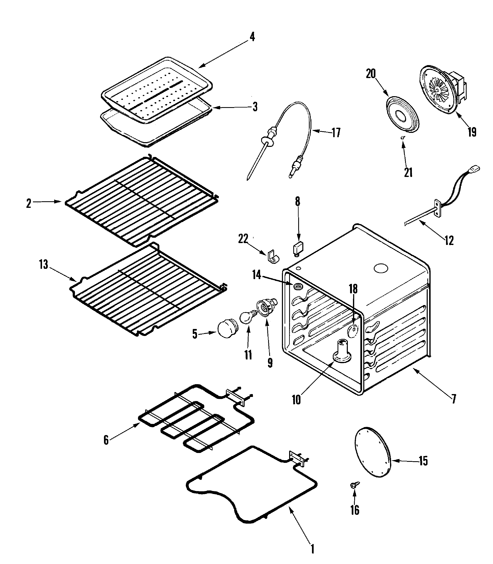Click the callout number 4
pos(252,37)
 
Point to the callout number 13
pos(43,264)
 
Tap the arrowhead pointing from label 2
pos(59,202)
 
